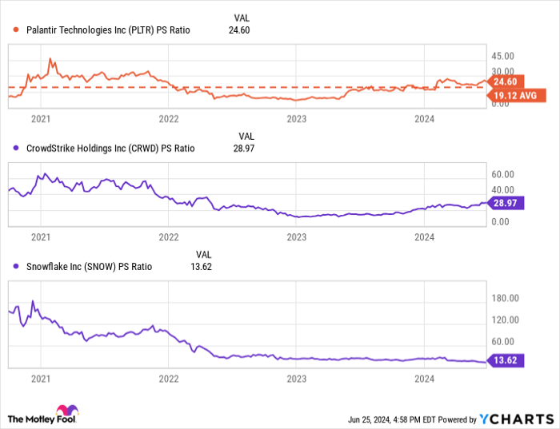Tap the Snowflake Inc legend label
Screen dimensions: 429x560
coord(87,266)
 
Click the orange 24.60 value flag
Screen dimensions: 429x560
coord(506,81)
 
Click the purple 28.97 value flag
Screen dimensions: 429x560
coord(506,204)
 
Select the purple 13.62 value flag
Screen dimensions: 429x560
coord(506,361)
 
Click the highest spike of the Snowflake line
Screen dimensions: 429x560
coord(32,301)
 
